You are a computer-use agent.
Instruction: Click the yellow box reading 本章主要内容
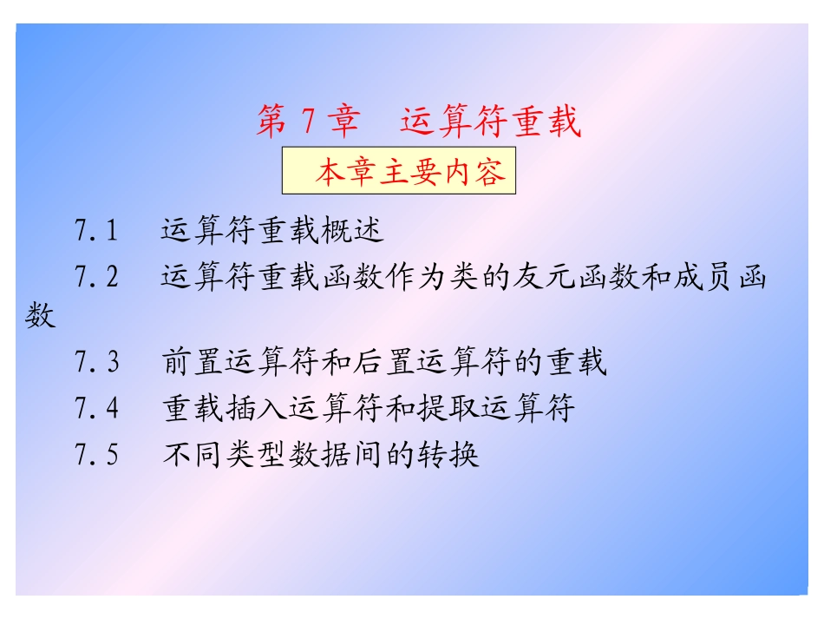click(399, 173)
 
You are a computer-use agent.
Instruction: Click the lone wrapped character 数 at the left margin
click(40, 316)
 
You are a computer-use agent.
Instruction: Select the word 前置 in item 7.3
click(193, 362)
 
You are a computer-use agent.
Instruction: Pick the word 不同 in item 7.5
click(193, 454)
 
